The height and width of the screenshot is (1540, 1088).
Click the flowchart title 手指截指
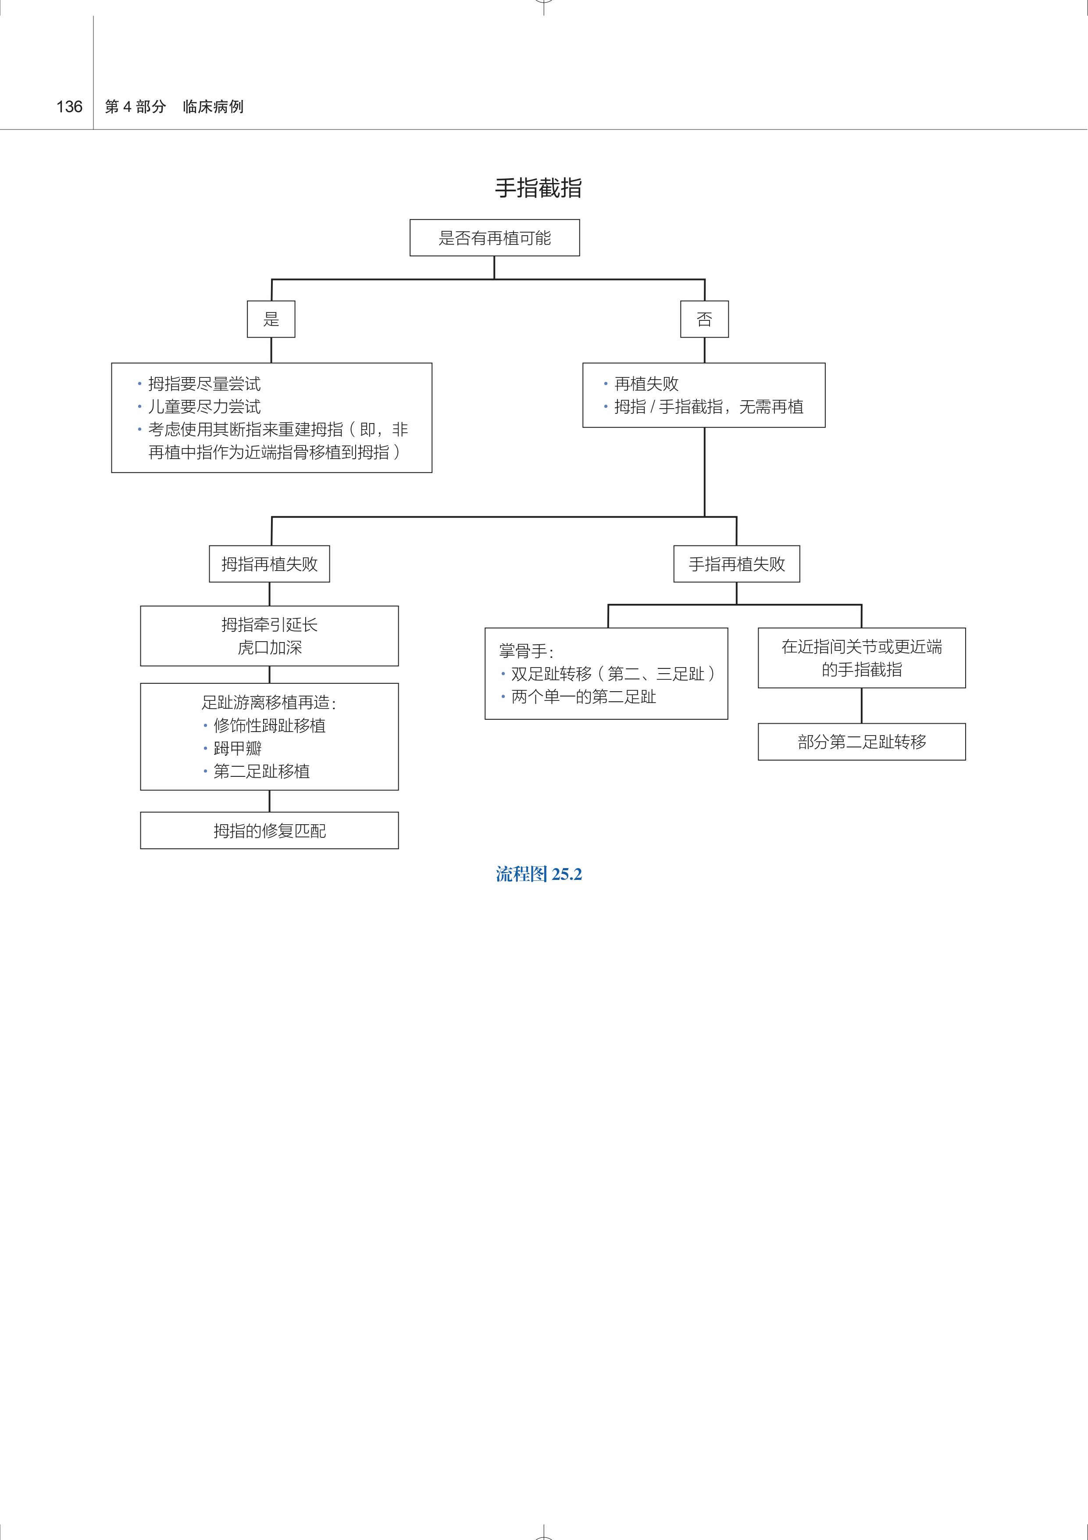pyautogui.click(x=539, y=188)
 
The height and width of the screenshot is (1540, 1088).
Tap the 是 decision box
pyautogui.click(x=271, y=319)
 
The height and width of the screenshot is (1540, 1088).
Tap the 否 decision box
pyautogui.click(x=704, y=319)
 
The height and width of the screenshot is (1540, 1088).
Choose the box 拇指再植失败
pyautogui.click(x=270, y=564)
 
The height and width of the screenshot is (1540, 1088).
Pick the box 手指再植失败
pyautogui.click(x=737, y=564)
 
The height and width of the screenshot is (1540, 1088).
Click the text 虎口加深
pyautogui.click(x=270, y=648)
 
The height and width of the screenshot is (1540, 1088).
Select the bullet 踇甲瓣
pyautogui.click(x=237, y=749)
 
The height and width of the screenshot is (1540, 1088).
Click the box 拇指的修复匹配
pyautogui.click(x=270, y=831)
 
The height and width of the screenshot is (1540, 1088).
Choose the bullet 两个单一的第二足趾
pyautogui.click(x=583, y=697)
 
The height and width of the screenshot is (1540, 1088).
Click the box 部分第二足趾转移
pyautogui.click(x=861, y=742)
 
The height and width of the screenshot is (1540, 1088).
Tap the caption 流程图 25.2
pyautogui.click(x=539, y=875)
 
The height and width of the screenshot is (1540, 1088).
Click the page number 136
pyautogui.click(x=69, y=107)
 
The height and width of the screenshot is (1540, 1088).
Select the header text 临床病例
pyautogui.click(x=213, y=107)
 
